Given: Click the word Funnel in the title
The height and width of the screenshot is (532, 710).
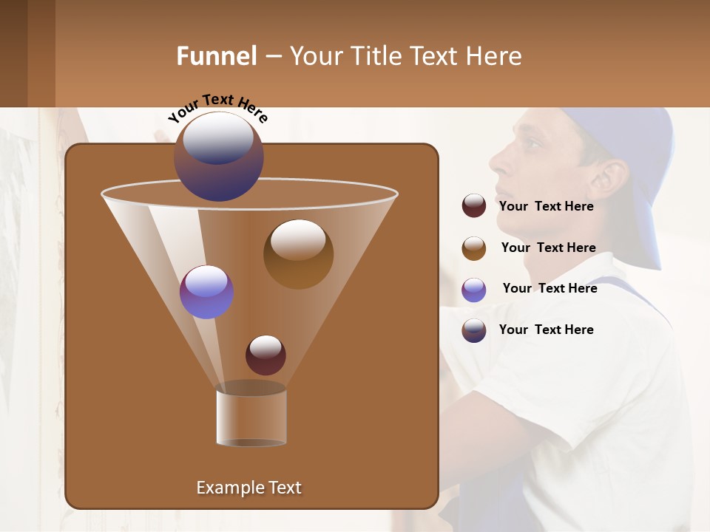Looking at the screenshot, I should click(x=216, y=55).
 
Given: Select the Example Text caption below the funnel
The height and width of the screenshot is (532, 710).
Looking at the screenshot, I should click(x=248, y=488).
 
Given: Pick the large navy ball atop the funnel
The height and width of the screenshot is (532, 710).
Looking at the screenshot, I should click(x=218, y=157).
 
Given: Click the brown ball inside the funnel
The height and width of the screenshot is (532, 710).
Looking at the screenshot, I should click(x=298, y=253).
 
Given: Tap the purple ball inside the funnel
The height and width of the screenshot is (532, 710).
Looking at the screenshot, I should click(x=206, y=292).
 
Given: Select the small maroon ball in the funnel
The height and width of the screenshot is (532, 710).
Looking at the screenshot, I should click(x=266, y=355).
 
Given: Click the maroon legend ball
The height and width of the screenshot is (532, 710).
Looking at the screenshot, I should click(x=474, y=205).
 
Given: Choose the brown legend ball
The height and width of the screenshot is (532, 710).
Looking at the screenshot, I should click(x=474, y=248).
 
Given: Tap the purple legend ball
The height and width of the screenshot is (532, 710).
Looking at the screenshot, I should click(x=474, y=290).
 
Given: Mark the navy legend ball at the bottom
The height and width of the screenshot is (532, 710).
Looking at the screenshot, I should click(x=474, y=330).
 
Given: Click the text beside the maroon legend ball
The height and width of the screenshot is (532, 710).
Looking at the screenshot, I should click(x=546, y=206).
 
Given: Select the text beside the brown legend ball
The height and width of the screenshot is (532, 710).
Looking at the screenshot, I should click(x=548, y=248).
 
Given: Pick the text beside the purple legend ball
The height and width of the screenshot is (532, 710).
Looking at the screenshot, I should click(x=550, y=288).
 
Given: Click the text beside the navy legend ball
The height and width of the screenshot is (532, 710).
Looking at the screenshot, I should click(x=546, y=330).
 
